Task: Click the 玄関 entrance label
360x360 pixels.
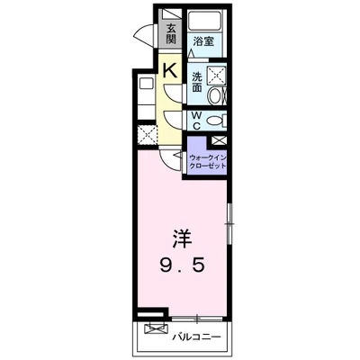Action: tap(171, 33)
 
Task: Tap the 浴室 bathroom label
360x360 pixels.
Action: tap(203, 41)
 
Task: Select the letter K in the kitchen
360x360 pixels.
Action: tap(169, 71)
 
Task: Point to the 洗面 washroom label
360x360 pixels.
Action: tap(197, 82)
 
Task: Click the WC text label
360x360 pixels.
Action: tap(196, 121)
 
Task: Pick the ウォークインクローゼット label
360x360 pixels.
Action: tap(207, 161)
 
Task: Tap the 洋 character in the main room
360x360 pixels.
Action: tap(182, 239)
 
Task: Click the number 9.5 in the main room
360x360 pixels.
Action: tap(182, 265)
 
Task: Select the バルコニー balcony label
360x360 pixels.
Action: tap(196, 337)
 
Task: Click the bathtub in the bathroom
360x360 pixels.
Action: tap(205, 21)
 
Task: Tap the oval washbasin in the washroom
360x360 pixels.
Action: tap(215, 95)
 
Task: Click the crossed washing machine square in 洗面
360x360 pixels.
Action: tap(216, 75)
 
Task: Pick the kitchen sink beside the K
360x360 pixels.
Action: tap(147, 83)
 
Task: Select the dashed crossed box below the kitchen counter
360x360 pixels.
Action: tap(148, 134)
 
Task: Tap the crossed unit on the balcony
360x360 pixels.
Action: tap(155, 328)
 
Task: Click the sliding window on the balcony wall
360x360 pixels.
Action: tap(197, 319)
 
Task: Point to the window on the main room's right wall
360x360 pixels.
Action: tap(229, 224)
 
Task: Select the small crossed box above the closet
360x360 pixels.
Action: tap(218, 140)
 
